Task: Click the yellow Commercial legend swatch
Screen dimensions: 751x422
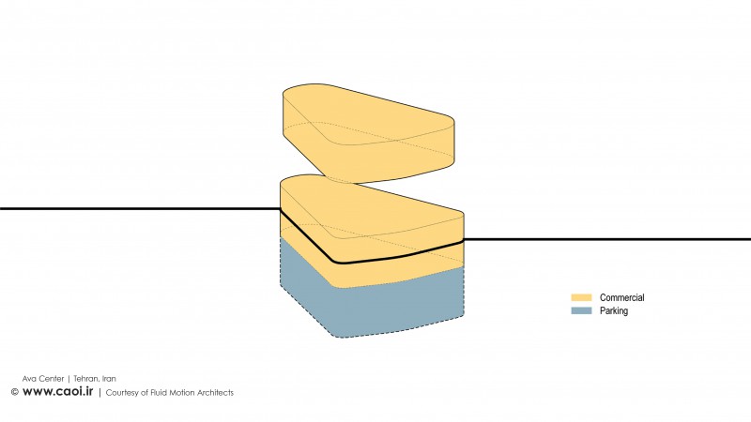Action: [x=581, y=297]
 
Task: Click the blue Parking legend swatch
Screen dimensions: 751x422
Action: [x=581, y=311]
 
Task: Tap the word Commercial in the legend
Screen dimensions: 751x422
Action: [x=621, y=297]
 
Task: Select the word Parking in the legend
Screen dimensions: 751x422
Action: [x=614, y=311]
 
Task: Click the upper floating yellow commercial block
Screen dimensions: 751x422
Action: [x=369, y=134]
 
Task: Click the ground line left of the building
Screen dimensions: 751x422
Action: [x=140, y=208]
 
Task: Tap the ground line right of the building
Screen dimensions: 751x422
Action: [x=607, y=239]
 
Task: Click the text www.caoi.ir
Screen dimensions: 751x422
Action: [x=57, y=391]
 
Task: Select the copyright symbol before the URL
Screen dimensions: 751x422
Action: [x=15, y=392]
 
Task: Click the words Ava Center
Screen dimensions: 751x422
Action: [x=43, y=379]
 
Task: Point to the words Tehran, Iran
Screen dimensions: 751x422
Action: [x=95, y=379]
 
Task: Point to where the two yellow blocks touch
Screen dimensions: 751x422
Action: [x=343, y=182]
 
